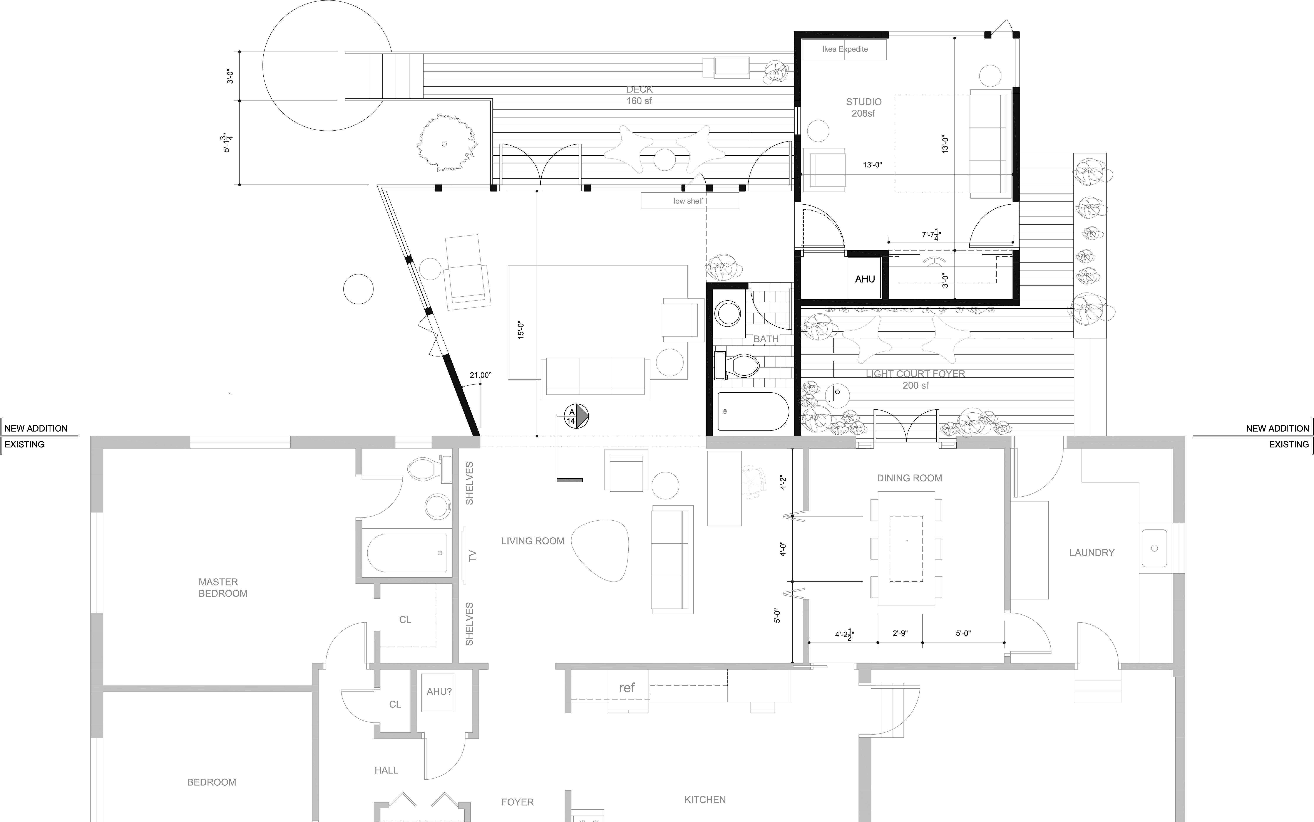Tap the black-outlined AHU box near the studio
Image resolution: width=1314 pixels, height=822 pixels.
click(865, 279)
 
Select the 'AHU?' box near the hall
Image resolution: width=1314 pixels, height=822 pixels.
click(439, 691)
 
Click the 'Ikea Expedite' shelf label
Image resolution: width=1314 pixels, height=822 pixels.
click(845, 49)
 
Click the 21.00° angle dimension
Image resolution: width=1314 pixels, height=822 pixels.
click(481, 375)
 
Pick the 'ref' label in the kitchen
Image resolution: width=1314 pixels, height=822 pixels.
click(627, 688)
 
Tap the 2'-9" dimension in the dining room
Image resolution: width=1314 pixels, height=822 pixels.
click(900, 633)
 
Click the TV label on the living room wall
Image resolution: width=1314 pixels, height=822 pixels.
click(472, 556)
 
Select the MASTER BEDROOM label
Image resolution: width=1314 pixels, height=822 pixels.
click(223, 588)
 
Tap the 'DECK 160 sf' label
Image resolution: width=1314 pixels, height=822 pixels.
click(639, 95)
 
